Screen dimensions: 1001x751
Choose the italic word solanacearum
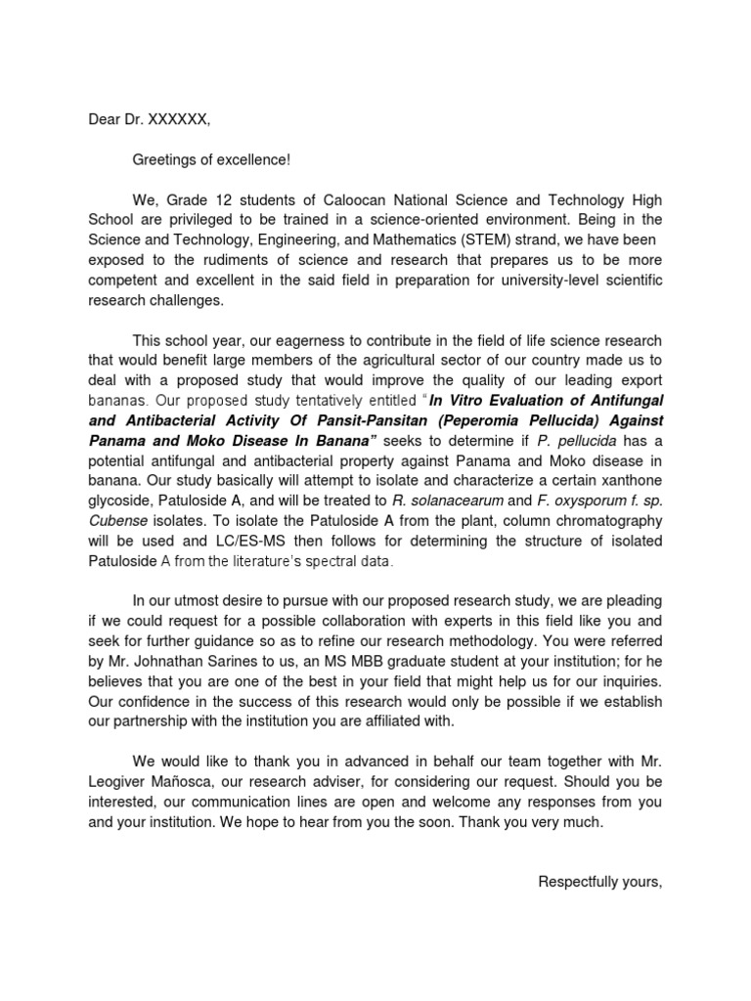[x=436, y=500]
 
